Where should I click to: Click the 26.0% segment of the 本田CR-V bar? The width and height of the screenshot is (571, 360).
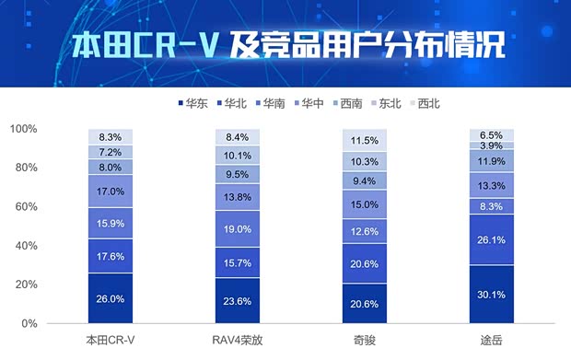(x=111, y=298)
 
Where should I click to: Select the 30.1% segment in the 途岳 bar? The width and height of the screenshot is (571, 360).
(x=492, y=295)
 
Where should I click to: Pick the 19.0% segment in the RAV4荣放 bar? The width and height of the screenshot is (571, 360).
(x=238, y=229)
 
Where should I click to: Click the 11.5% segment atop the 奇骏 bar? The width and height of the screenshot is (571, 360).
(x=365, y=141)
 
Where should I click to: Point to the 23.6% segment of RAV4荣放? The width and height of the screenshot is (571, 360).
(x=238, y=301)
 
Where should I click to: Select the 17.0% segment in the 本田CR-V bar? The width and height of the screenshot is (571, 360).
(x=111, y=192)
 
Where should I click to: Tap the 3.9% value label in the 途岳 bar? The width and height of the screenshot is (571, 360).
(x=492, y=146)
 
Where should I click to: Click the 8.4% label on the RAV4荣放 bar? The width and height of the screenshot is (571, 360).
(x=238, y=137)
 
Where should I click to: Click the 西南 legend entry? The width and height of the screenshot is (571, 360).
(x=354, y=104)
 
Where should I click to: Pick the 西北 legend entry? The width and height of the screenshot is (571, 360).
(x=429, y=104)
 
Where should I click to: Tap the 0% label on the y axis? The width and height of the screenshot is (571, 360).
(x=55, y=324)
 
